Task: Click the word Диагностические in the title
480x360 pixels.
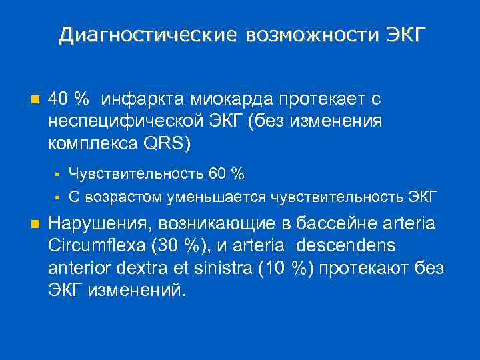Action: pos(147,35)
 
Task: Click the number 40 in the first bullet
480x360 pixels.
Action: pos(57,99)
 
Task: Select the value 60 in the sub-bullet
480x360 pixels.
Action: pos(218,175)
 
